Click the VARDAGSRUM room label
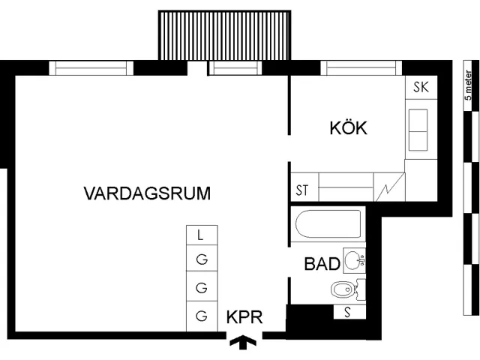[x=146, y=193]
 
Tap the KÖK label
[x=348, y=128]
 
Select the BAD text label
[x=321, y=264]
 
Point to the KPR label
[x=244, y=317]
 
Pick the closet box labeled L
[x=200, y=235]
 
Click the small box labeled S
[x=349, y=311]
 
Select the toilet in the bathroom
[x=340, y=289]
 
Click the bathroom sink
[x=353, y=260]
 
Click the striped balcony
[x=224, y=35]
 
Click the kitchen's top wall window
[x=361, y=68]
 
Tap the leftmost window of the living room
[x=91, y=68]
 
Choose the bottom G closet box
[x=200, y=316]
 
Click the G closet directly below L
[x=200, y=259]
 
